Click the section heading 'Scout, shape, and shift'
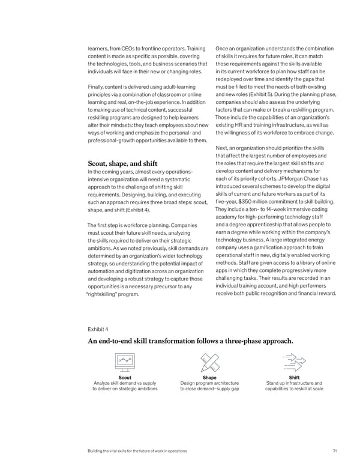(x=122, y=163)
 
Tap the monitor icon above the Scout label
(x=125, y=362)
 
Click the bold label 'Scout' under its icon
(x=125, y=377)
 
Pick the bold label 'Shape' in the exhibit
(x=209, y=377)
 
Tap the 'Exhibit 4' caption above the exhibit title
(x=98, y=329)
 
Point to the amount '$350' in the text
(x=248, y=202)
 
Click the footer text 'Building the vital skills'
(x=114, y=450)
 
